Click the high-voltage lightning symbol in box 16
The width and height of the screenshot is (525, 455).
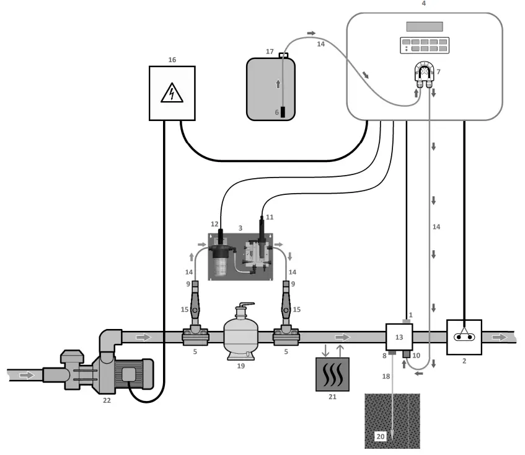pos(171,94)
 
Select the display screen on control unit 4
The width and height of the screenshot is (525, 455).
pos(424,27)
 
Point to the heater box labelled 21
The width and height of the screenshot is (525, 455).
pos(332,374)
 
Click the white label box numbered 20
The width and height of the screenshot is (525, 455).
pos(380,437)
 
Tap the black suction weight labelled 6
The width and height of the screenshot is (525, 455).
pos(283,112)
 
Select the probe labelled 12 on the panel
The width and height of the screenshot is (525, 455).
pos(220,238)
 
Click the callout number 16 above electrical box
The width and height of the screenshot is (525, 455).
pos(172,60)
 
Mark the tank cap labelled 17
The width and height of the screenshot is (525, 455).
pos(283,56)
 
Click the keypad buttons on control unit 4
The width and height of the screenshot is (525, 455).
pos(424,45)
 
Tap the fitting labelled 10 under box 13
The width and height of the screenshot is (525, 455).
pos(407,354)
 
